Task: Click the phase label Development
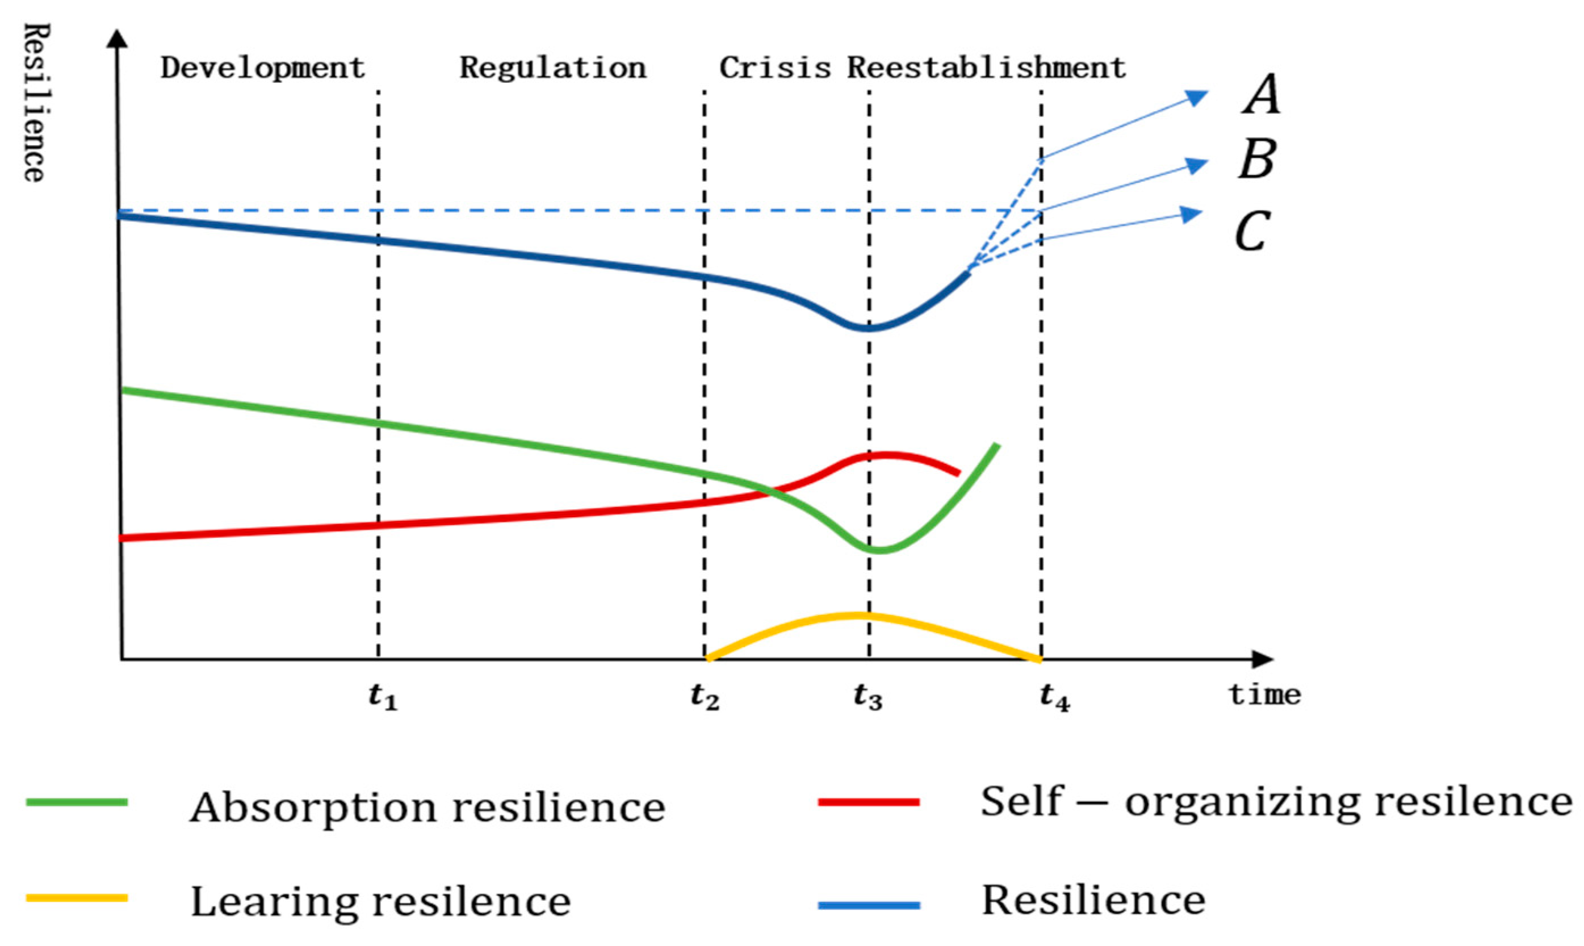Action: click(262, 68)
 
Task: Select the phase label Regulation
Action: click(552, 68)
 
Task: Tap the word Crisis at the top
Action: click(775, 68)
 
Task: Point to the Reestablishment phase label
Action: click(986, 68)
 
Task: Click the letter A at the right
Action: click(1261, 94)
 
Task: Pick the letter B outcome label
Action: click(1257, 160)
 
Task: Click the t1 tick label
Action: click(383, 697)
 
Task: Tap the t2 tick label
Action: click(705, 697)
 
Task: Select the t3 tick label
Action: click(869, 697)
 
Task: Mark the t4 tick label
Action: click(1054, 697)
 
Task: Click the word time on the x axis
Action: click(1265, 694)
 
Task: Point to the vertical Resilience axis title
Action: click(35, 102)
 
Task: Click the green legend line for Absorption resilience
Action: click(77, 802)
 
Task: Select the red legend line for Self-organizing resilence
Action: click(869, 802)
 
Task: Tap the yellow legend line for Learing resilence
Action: click(77, 898)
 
